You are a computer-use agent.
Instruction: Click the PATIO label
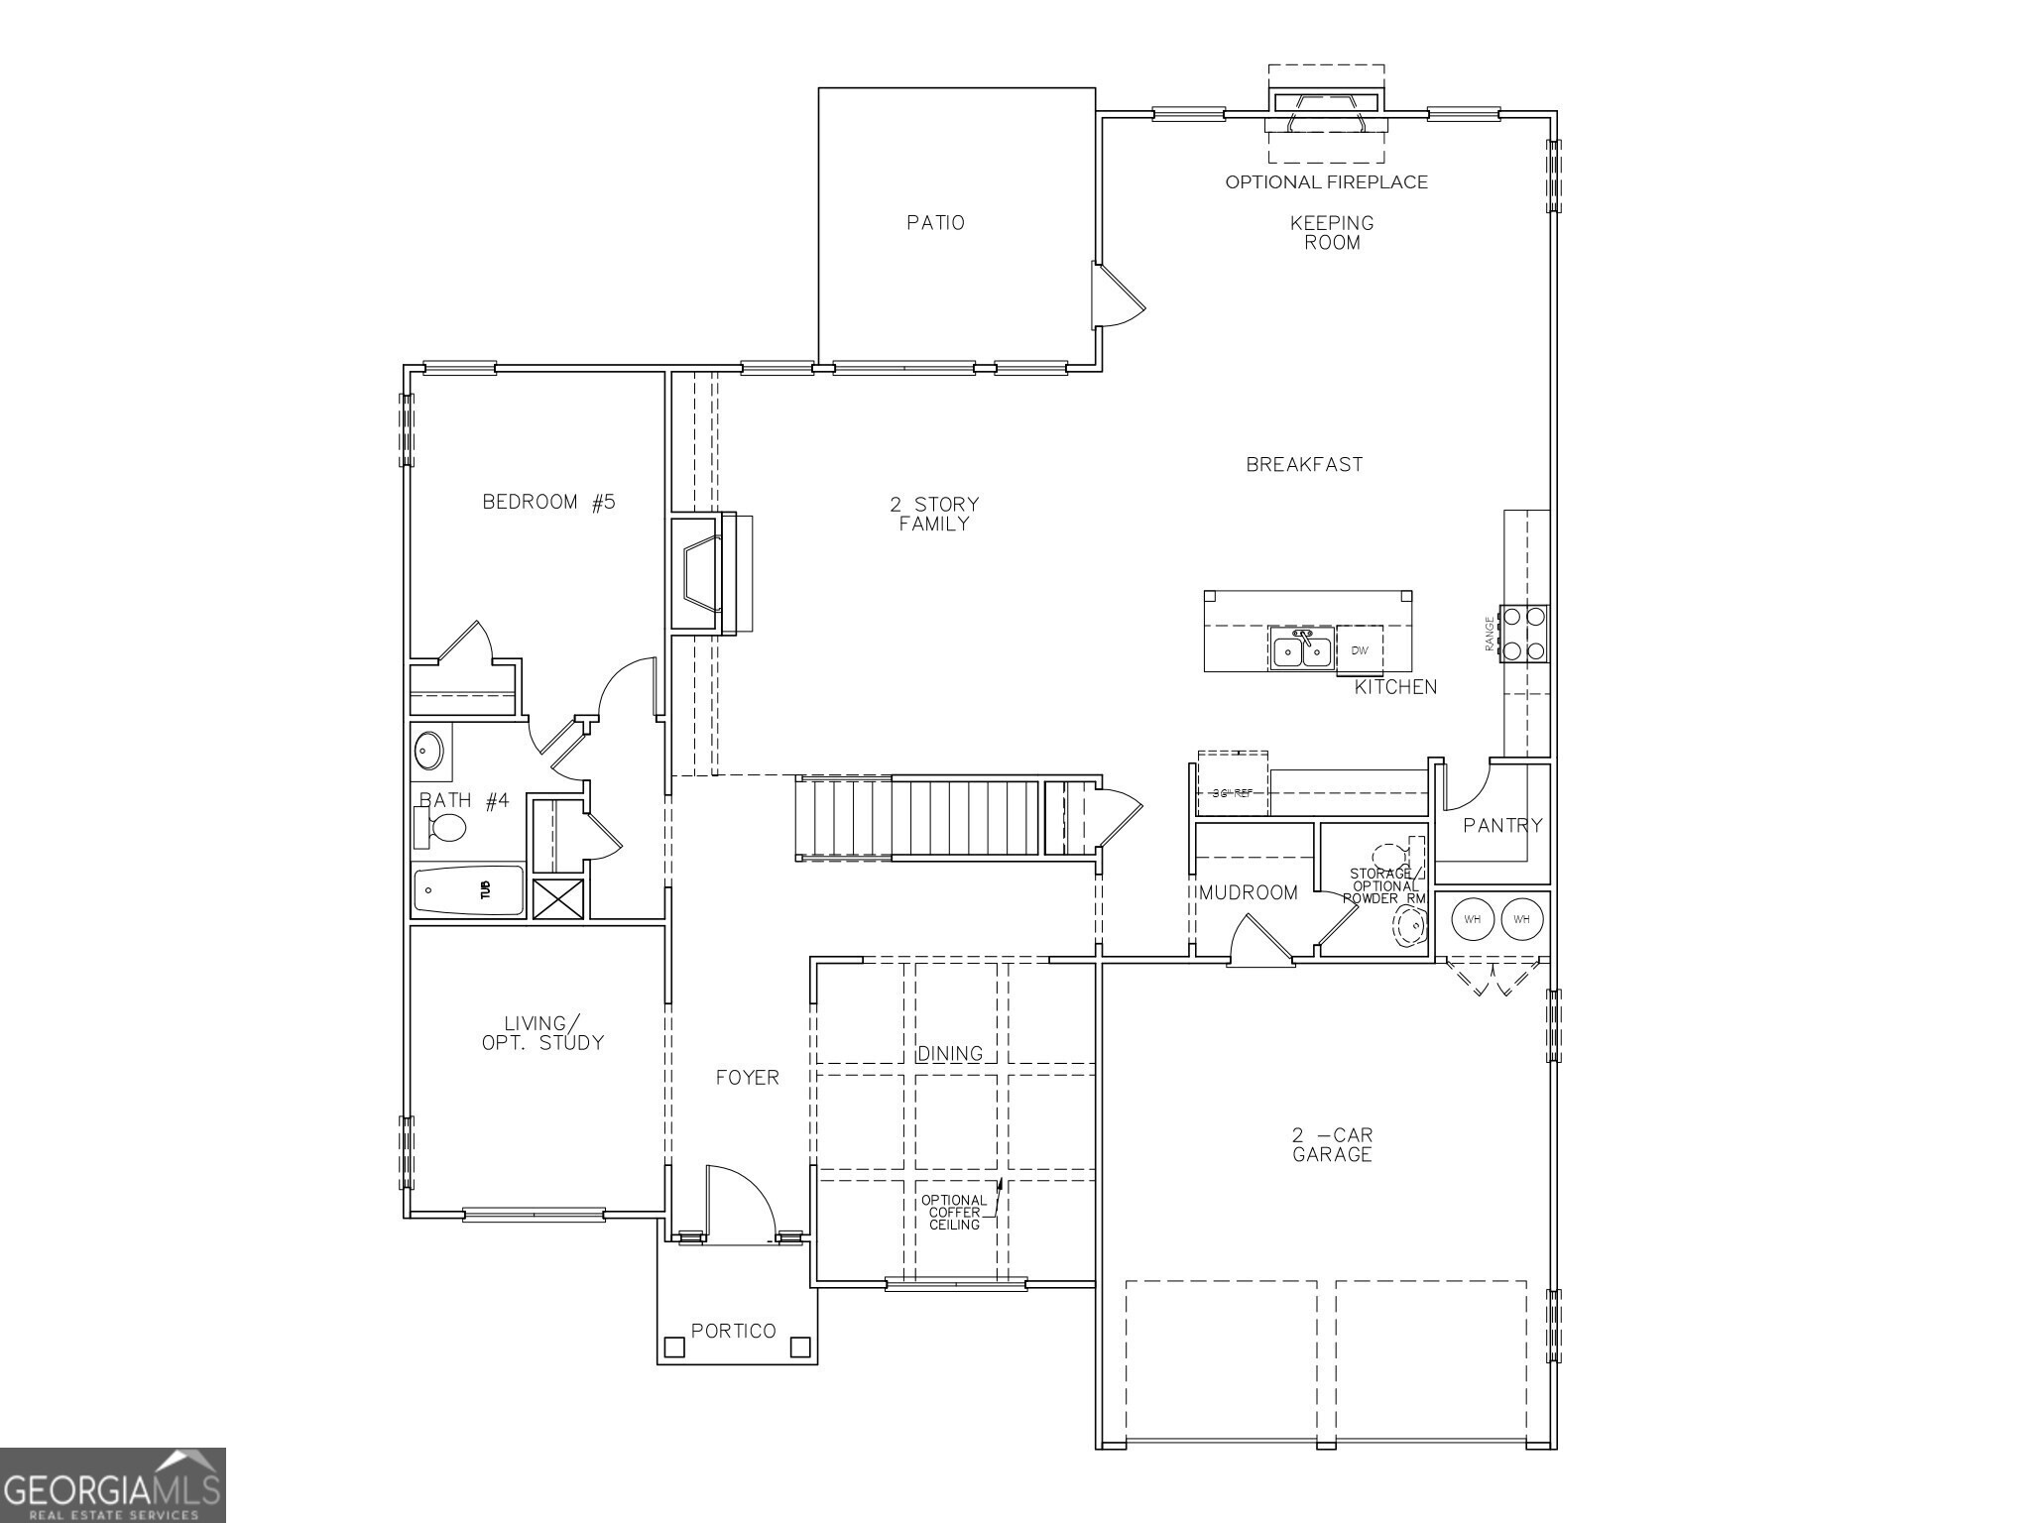click(935, 223)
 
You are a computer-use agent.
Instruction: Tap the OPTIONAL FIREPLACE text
click(1326, 182)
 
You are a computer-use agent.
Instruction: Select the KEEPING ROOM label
click(1332, 233)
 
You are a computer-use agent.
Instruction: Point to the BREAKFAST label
click(1304, 464)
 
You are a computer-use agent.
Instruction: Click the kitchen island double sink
click(1302, 649)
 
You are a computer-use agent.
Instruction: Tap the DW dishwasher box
click(1360, 650)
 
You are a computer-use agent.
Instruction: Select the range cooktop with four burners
click(1524, 634)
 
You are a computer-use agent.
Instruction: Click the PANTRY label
click(1502, 825)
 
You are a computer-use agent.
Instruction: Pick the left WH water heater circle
click(1473, 919)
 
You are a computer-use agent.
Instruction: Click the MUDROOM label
click(1249, 892)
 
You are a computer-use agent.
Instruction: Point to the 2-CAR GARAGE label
click(1332, 1144)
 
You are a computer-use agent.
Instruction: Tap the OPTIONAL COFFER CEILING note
click(954, 1213)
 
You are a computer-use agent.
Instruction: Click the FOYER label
click(748, 1078)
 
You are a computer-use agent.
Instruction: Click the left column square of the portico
click(674, 1347)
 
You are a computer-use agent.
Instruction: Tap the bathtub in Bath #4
click(468, 889)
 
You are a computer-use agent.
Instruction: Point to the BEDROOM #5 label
click(548, 502)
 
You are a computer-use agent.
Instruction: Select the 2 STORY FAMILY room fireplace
click(705, 572)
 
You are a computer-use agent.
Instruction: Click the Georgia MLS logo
click(112, 1484)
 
